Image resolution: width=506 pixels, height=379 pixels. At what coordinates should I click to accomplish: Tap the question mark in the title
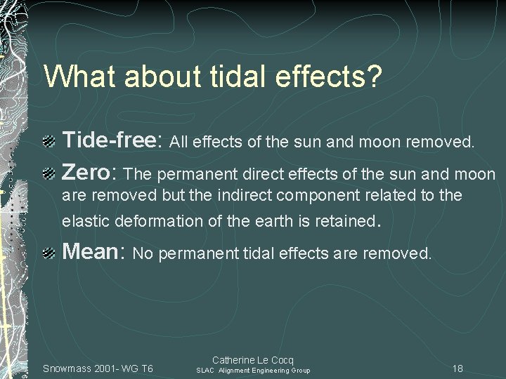374,77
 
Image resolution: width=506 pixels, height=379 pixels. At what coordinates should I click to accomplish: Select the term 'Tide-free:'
113,142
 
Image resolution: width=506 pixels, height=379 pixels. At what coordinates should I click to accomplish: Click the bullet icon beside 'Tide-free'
50,142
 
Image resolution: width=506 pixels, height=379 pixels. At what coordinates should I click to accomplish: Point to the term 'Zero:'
90,173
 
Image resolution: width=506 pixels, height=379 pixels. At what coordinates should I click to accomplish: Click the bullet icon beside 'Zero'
50,173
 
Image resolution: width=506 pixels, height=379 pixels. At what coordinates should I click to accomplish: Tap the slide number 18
458,368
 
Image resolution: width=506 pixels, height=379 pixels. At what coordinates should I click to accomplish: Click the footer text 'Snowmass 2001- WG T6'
98,368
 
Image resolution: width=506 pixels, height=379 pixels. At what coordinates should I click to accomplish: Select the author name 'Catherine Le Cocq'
253,359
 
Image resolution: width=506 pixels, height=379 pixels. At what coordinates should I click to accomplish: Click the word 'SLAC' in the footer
205,371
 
